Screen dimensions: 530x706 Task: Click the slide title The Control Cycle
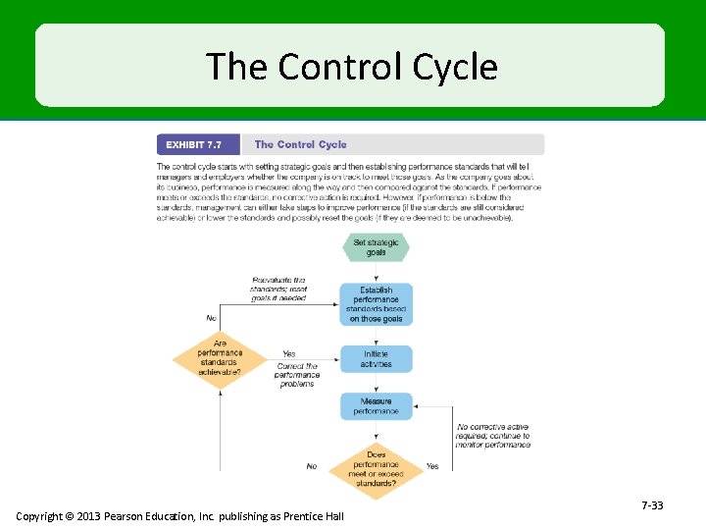[x=351, y=67]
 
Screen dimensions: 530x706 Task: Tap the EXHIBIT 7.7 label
[x=193, y=145]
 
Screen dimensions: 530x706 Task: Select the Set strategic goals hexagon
[x=376, y=247]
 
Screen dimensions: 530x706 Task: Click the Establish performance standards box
[x=376, y=304]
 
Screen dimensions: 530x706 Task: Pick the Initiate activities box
[x=376, y=358]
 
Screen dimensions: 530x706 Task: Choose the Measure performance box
[x=376, y=406]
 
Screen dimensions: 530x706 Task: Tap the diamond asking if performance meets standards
[x=376, y=469]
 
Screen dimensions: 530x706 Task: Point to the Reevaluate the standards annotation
[x=278, y=289]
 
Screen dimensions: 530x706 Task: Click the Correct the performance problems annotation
[x=297, y=375]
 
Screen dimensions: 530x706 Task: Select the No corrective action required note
[x=493, y=436]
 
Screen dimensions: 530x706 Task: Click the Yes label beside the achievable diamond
[x=289, y=354]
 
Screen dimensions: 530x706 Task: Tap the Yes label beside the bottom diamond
[x=432, y=466]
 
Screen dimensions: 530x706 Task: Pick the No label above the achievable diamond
[x=211, y=318]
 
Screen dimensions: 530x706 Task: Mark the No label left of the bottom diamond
[x=312, y=467]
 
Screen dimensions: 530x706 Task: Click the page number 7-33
[x=652, y=505]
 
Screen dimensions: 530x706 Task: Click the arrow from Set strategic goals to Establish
[x=376, y=272]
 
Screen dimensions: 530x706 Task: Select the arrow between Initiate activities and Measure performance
[x=376, y=383]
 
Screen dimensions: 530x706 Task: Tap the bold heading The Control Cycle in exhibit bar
[x=300, y=145]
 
